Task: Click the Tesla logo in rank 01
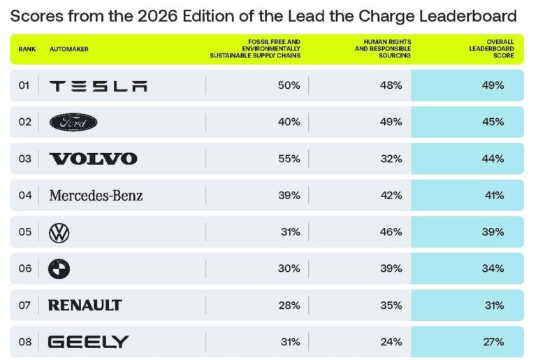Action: pos(99,86)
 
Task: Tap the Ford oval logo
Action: pos(73,122)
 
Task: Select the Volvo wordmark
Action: pos(93,159)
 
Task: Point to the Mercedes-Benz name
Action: pos(96,196)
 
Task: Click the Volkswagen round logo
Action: pos(59,232)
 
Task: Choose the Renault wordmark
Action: pos(85,305)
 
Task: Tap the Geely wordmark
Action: pos(88,342)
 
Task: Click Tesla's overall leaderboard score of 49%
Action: pos(493,86)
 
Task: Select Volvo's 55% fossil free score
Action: pos(289,159)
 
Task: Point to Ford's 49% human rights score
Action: pos(391,122)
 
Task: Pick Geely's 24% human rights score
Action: pos(391,342)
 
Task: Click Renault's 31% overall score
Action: pos(493,305)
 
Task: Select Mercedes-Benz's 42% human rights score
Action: pos(391,196)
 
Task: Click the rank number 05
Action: pos(25,232)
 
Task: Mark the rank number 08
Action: pos(25,342)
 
